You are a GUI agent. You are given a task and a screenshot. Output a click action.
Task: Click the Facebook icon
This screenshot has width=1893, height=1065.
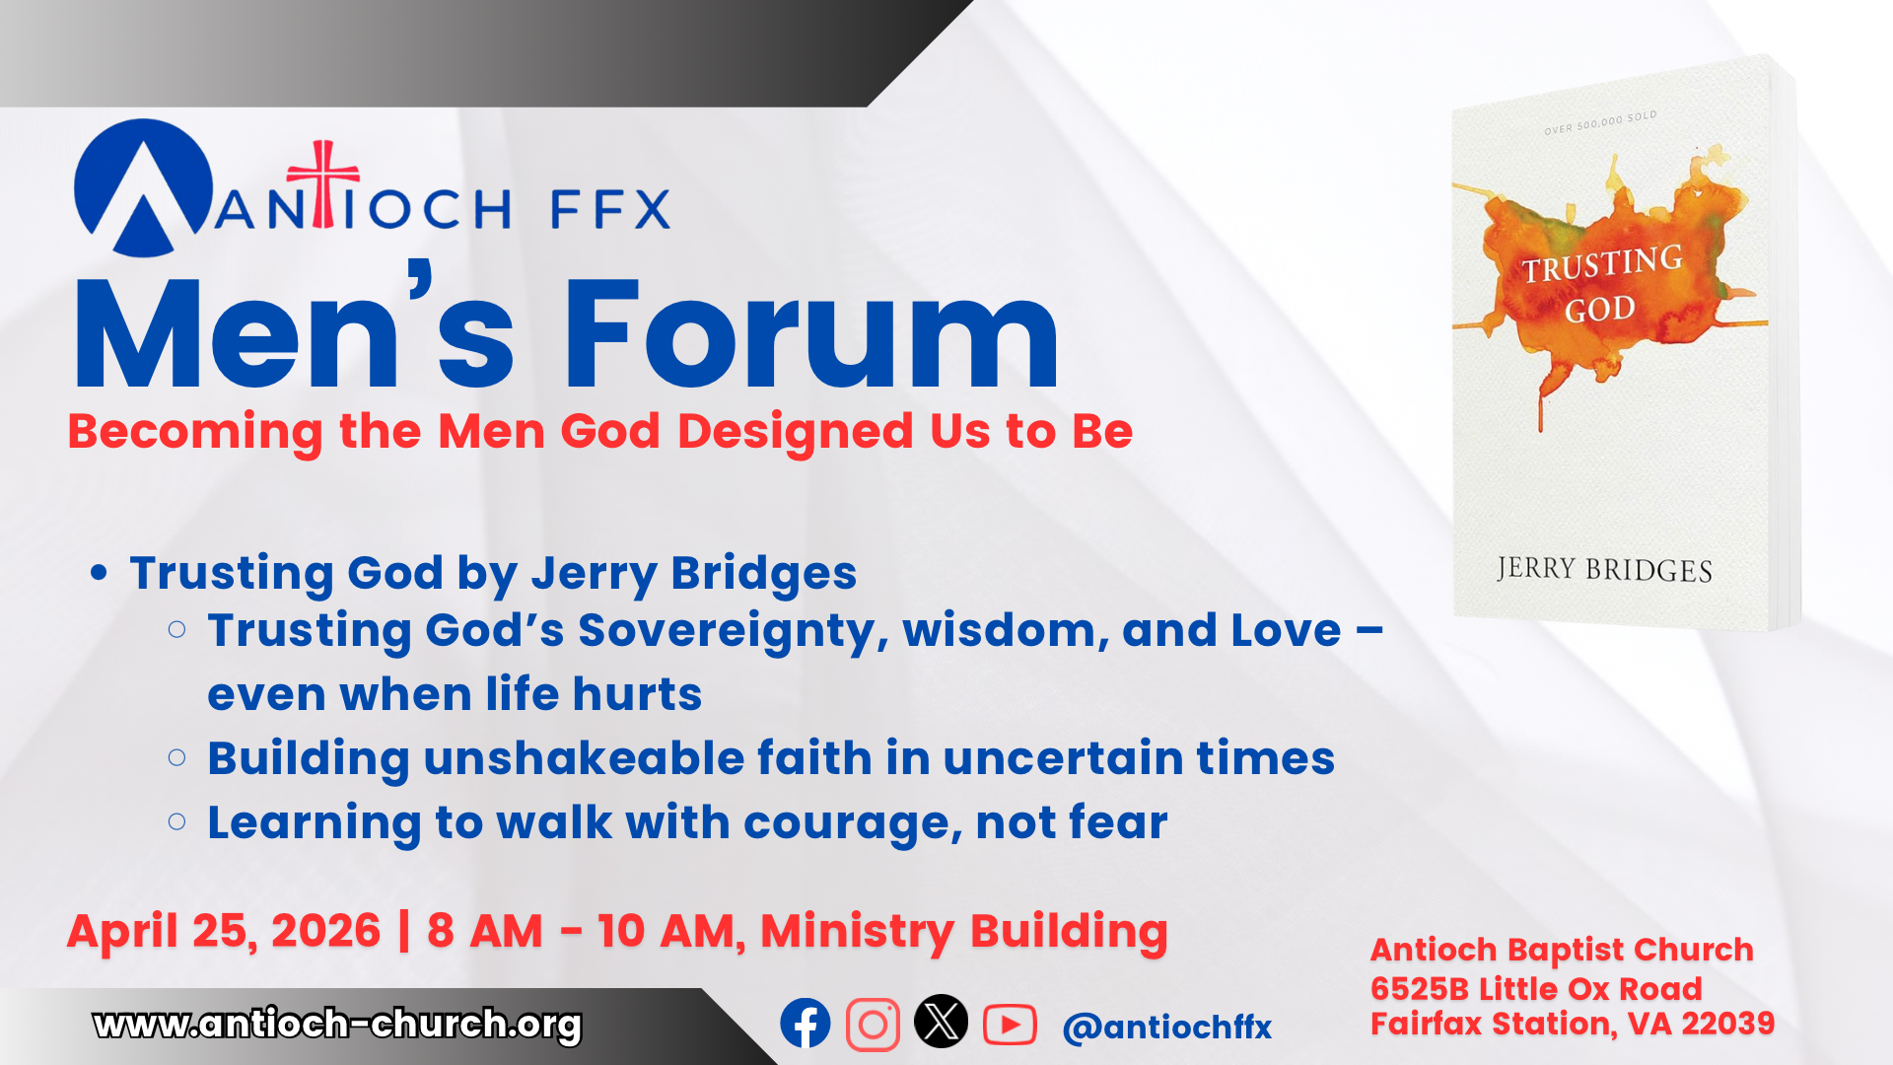[x=806, y=1024]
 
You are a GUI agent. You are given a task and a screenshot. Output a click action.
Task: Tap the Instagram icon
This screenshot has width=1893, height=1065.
[x=873, y=1025]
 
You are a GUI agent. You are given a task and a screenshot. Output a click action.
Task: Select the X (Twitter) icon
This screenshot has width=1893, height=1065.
[x=941, y=1022]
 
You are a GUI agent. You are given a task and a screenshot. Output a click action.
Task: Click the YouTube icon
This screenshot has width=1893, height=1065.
[x=1010, y=1025]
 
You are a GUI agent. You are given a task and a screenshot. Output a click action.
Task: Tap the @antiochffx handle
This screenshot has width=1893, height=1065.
[x=1167, y=1028]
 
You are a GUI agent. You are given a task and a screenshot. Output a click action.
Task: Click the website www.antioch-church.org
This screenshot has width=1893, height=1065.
[x=337, y=1025]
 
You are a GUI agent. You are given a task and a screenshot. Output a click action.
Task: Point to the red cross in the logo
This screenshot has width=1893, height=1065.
[x=322, y=183]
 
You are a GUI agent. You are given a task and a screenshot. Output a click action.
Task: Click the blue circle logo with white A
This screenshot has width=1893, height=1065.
[x=144, y=188]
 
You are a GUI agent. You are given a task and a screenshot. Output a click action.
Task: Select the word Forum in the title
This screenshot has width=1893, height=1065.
[x=810, y=334]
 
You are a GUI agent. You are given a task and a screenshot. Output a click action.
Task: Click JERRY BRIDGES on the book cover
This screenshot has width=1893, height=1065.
[x=1604, y=569]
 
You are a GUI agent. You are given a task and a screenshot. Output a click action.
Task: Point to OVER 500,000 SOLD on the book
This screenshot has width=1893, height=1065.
[x=1600, y=123]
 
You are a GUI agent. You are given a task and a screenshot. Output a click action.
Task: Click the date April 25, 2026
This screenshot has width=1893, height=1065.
[x=224, y=932]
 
